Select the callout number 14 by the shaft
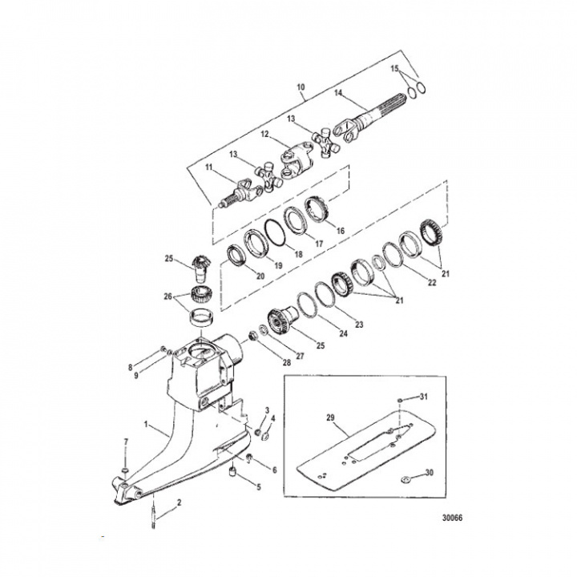[339, 94]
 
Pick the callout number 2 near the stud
[179, 502]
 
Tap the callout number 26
[167, 296]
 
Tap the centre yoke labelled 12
[292, 152]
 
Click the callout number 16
[340, 231]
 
